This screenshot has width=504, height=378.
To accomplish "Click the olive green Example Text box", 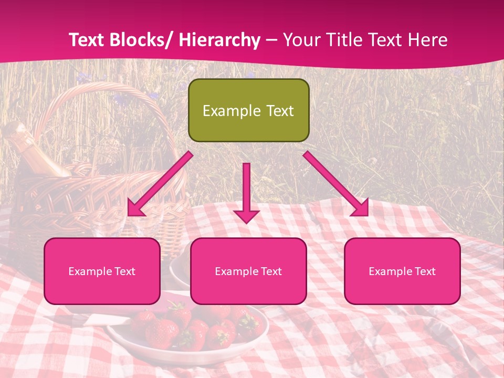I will pyautogui.click(x=248, y=110).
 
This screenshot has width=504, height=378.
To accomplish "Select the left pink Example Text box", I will pyautogui.click(x=102, y=271).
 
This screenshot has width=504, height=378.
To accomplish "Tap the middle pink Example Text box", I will pyautogui.click(x=248, y=271).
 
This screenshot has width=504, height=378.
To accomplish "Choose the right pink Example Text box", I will pyautogui.click(x=402, y=271).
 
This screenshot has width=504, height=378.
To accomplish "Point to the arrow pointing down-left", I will pyautogui.click(x=160, y=184).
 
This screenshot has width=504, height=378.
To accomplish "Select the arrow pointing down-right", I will pyautogui.click(x=336, y=184).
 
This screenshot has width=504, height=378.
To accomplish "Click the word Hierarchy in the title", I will pyautogui.click(x=219, y=40).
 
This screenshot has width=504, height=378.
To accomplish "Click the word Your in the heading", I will pyautogui.click(x=300, y=40).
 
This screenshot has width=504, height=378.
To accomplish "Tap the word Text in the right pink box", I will pyautogui.click(x=424, y=271).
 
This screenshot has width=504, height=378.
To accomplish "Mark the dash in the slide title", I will pyautogui.click(x=271, y=40).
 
